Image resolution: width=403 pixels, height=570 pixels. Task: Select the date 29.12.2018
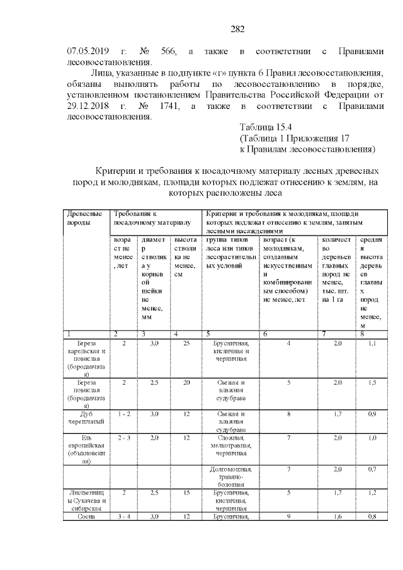click(x=91, y=106)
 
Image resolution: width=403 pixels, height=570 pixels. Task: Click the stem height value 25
click(x=186, y=343)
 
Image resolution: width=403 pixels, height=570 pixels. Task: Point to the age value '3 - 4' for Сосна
click(x=124, y=517)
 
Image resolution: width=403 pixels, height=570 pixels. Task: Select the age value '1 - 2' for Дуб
click(x=124, y=413)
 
